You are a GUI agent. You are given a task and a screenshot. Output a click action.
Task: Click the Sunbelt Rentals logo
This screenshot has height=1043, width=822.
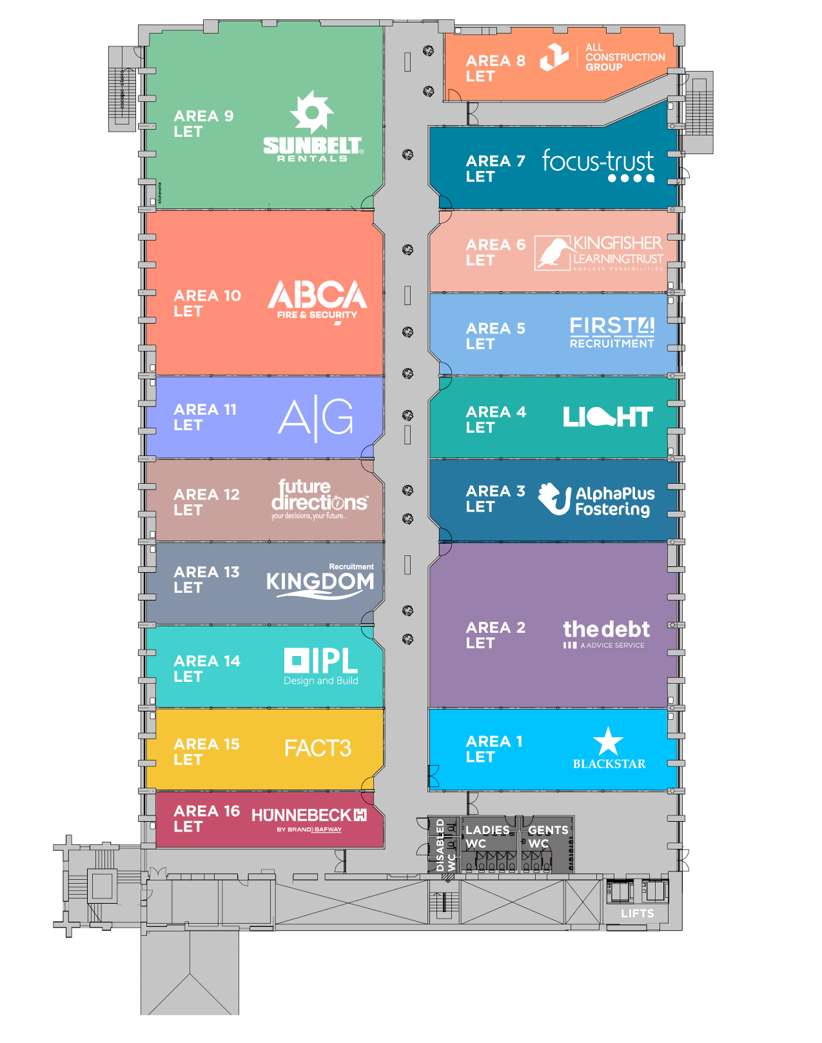click(x=313, y=128)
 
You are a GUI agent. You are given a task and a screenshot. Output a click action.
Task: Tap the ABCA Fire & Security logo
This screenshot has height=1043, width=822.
click(x=317, y=301)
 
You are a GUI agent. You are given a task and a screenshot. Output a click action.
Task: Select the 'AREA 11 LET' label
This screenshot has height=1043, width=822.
click(x=205, y=417)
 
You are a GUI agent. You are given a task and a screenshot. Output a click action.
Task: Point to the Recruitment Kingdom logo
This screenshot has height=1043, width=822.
click(x=320, y=581)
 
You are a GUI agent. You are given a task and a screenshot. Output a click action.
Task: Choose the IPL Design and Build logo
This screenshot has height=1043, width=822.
click(x=321, y=666)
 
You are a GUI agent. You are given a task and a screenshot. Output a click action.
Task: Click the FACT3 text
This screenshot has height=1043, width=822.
click(x=318, y=748)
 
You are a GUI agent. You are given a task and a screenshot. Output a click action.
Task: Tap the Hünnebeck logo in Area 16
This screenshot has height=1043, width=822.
click(x=309, y=819)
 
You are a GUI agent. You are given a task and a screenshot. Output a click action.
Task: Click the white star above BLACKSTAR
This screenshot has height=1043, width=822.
click(x=608, y=742)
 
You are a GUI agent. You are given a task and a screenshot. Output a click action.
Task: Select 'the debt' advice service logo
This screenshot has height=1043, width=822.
click(x=606, y=633)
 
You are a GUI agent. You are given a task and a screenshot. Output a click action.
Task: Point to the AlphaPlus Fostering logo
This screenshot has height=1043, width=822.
click(x=596, y=500)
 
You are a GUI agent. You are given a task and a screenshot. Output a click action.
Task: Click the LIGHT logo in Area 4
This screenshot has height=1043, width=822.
click(x=607, y=417)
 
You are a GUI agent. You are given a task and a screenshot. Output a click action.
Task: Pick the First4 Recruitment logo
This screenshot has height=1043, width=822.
click(x=612, y=332)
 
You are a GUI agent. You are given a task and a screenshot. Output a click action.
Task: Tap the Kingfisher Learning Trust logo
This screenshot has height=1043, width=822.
click(x=599, y=252)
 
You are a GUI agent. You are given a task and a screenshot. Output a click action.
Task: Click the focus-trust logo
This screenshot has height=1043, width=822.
click(x=598, y=165)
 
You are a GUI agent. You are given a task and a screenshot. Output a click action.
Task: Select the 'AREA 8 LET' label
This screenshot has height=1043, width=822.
click(x=495, y=68)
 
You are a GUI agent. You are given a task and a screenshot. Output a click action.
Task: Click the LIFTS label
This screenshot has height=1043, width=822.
click(x=637, y=913)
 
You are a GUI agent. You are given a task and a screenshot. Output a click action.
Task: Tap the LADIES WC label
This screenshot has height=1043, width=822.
click(x=487, y=837)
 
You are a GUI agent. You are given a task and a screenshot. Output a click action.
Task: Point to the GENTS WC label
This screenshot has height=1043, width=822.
click(x=548, y=837)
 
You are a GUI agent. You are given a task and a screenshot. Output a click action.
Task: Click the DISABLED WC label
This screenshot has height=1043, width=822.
click(x=445, y=845)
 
